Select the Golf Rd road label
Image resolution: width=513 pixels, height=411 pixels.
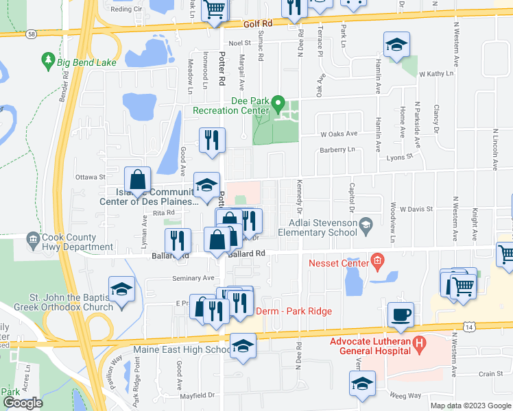(258, 23)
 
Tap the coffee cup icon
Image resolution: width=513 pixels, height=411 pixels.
(401, 314)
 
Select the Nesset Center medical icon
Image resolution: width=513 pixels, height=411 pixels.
(375, 260)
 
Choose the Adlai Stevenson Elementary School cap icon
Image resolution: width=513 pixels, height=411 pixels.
(366, 223)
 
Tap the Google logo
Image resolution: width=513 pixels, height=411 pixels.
(22, 403)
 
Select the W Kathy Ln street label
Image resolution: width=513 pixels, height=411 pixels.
(437, 73)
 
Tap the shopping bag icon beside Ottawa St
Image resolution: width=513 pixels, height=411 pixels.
(138, 180)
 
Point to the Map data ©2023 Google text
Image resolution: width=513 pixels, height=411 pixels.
(470, 406)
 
